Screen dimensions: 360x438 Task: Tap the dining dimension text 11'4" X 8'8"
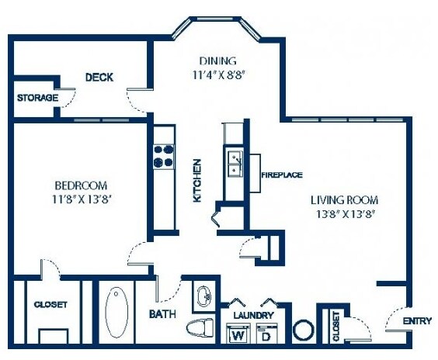tap(222, 74)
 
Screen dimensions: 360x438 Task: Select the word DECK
tap(99, 77)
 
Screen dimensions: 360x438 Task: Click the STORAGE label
tap(37, 98)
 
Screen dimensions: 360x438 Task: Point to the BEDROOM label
tap(80, 185)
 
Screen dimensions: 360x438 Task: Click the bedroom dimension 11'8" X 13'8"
tap(80, 199)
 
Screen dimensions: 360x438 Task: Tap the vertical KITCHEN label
tap(197, 181)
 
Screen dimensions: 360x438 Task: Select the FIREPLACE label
tap(281, 175)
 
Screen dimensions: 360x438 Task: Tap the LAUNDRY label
tap(253, 315)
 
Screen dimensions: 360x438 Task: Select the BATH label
tap(162, 314)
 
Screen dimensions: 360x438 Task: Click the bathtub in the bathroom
tap(119, 313)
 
